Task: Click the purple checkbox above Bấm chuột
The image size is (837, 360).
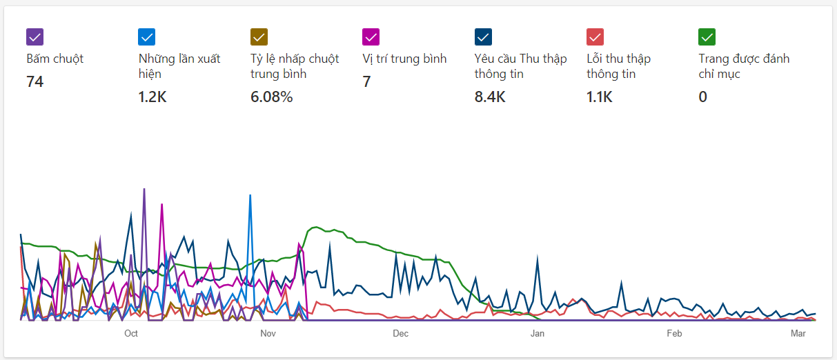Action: point(35,37)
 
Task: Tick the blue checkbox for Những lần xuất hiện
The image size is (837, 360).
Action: point(147,37)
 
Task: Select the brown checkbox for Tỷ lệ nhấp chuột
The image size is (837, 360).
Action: point(259,37)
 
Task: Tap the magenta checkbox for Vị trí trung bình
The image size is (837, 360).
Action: point(371,37)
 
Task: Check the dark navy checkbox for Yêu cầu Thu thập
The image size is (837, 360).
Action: point(483,37)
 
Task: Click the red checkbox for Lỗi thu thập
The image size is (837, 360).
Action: point(595,37)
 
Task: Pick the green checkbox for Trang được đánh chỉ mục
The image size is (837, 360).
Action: point(707,37)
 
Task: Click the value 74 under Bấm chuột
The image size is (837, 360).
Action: point(35,82)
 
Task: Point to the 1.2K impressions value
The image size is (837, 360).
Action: point(152,97)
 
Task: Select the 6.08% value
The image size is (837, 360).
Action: point(272,97)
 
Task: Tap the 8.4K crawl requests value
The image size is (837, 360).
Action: point(490,97)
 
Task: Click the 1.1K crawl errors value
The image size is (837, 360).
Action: point(600,97)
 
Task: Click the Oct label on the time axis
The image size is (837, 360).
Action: point(131,334)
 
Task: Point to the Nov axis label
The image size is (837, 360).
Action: point(268,334)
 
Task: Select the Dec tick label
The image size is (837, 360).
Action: point(400,334)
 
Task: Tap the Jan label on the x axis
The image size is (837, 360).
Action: point(537,334)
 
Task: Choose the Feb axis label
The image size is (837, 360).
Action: point(674,334)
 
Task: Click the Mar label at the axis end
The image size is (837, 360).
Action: point(798,334)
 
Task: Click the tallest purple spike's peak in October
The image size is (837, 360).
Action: point(144,189)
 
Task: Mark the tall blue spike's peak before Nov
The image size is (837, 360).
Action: point(250,196)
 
